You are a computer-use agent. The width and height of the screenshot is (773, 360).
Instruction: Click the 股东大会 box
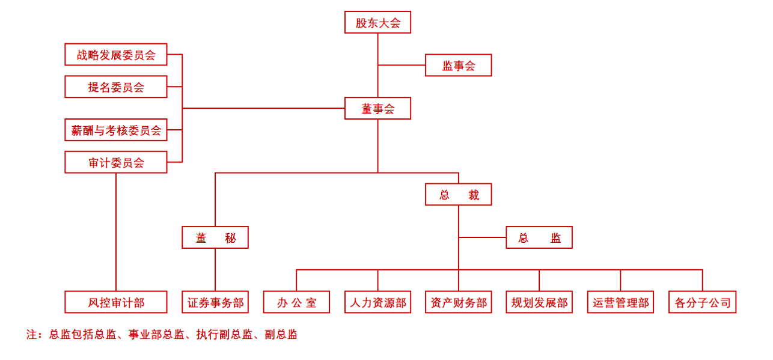coord(377,22)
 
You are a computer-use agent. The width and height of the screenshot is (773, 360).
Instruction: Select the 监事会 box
coord(459,66)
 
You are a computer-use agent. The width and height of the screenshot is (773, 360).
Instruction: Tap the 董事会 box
coord(377,109)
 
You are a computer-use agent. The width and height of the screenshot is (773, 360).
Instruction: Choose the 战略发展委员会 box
coord(116,55)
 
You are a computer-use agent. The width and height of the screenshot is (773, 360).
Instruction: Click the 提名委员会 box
coord(116,87)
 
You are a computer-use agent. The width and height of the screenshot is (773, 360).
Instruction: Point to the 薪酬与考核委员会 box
coord(116,130)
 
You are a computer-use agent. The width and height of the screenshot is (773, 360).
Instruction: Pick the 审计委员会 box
coord(116,162)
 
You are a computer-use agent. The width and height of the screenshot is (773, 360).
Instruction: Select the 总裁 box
coord(459,195)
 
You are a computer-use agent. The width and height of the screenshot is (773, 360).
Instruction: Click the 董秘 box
coord(215,237)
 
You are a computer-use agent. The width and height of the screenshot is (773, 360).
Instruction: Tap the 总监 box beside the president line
coord(539,237)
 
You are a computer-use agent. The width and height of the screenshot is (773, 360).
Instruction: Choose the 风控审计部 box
coord(116,302)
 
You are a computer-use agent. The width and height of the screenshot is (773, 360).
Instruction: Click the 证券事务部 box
coord(215,302)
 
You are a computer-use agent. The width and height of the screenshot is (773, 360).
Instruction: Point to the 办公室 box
coord(297,302)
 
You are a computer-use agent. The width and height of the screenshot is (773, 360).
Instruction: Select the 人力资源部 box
coord(377,302)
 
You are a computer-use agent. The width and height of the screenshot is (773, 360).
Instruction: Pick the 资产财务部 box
coord(459,302)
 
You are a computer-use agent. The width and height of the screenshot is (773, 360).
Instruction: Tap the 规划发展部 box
coord(539,302)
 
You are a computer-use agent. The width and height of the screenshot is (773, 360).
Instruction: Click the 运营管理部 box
coord(621,302)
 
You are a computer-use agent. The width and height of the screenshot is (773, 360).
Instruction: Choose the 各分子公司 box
coord(702,302)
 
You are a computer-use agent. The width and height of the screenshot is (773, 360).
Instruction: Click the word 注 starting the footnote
coord(31,335)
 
